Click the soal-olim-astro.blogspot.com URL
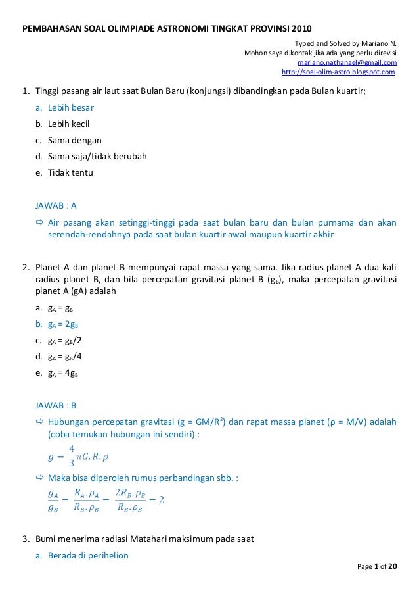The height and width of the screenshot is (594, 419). (x=338, y=72)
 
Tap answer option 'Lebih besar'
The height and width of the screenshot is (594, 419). (x=70, y=107)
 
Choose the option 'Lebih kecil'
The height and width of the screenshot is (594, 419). (x=68, y=124)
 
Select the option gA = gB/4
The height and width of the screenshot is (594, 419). (x=65, y=357)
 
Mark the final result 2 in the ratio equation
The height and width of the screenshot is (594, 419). (x=161, y=499)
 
